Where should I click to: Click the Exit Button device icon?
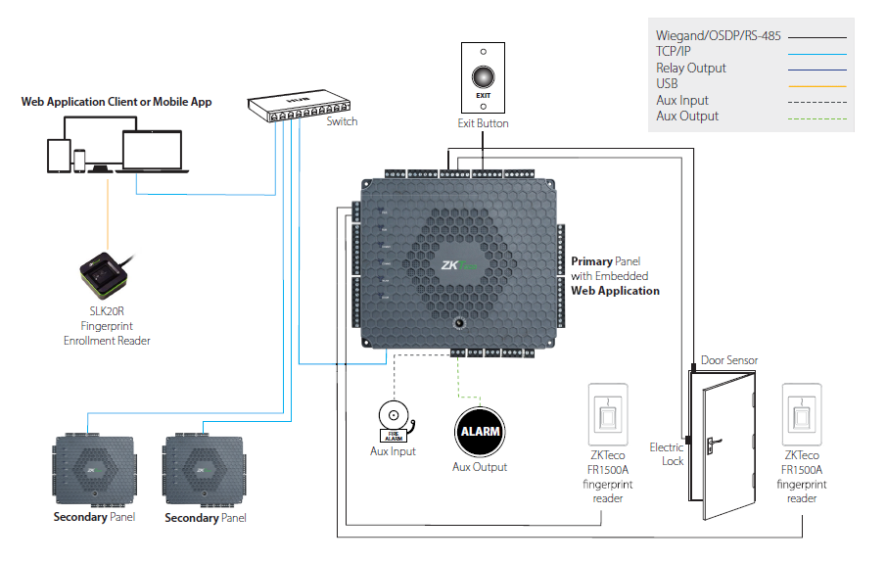tap(483, 77)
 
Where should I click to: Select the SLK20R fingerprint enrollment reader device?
tap(104, 273)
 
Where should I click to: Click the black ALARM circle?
tap(480, 431)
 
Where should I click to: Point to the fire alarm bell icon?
tap(394, 419)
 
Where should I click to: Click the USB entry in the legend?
tap(667, 84)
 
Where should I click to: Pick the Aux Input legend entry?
tap(682, 100)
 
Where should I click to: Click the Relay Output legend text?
tap(691, 69)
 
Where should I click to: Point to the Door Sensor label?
tap(729, 360)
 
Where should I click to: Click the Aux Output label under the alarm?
tap(480, 467)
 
